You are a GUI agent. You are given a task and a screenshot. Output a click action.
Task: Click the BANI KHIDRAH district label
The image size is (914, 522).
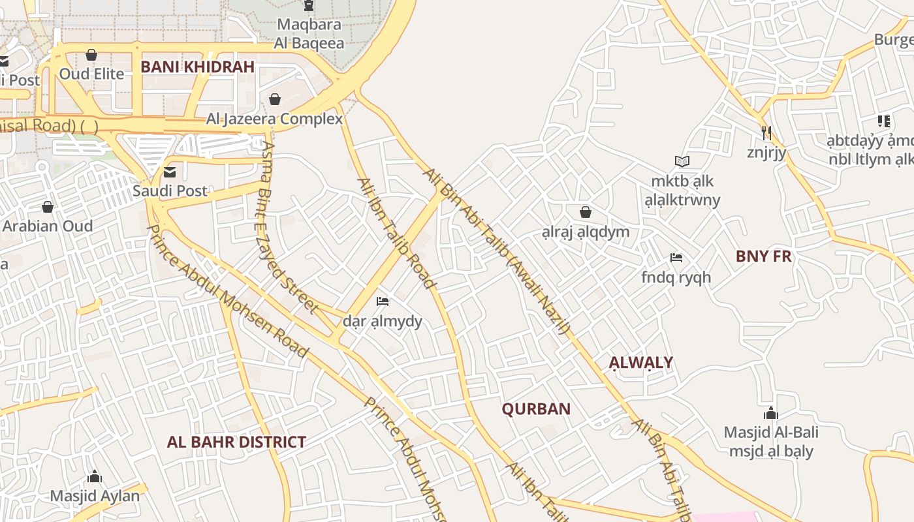[x=197, y=67]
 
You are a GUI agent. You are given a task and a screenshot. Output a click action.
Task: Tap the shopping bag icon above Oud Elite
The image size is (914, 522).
[x=91, y=55]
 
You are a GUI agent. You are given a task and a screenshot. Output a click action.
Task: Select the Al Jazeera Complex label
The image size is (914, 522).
[x=274, y=119]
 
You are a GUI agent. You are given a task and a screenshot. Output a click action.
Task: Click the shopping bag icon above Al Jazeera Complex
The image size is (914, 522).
[x=275, y=99]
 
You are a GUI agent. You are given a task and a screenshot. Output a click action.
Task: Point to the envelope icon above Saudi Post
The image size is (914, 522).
[x=170, y=172]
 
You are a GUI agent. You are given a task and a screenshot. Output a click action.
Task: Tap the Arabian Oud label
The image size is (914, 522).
[x=48, y=226]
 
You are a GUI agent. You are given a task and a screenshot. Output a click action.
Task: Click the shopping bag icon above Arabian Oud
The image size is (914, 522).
[x=48, y=207]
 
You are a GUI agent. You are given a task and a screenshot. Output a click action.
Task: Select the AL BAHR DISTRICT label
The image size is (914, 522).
[x=236, y=442]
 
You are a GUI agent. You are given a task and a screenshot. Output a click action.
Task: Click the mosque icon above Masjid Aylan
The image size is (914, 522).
[x=95, y=476]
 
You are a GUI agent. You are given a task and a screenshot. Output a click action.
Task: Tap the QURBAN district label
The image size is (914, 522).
[x=536, y=409]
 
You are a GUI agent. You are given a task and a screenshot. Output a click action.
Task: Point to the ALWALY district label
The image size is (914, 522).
[x=640, y=363]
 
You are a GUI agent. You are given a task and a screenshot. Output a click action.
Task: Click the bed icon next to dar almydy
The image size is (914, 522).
[x=383, y=301]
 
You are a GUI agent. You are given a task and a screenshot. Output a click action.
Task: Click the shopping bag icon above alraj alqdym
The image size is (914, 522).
[x=586, y=212]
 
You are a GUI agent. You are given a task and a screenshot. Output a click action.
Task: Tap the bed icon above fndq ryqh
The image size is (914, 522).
[x=676, y=258]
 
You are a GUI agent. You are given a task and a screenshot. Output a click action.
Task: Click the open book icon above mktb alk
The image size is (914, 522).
[x=682, y=161]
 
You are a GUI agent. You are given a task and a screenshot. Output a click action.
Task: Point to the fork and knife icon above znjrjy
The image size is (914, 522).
[x=766, y=133]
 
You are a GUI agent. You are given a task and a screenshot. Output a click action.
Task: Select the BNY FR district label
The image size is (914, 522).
[x=763, y=256]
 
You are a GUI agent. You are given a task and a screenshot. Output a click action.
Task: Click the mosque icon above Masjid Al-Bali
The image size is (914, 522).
[x=771, y=413]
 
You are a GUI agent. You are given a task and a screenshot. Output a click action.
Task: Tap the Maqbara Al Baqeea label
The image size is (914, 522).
[x=309, y=34]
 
